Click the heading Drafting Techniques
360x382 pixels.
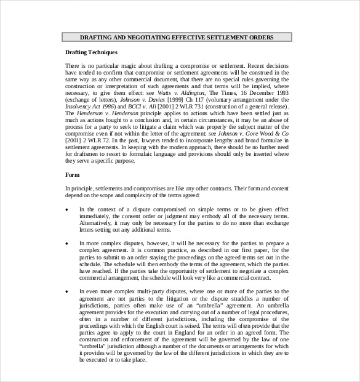point(91,52)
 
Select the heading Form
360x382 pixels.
point(73,175)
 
